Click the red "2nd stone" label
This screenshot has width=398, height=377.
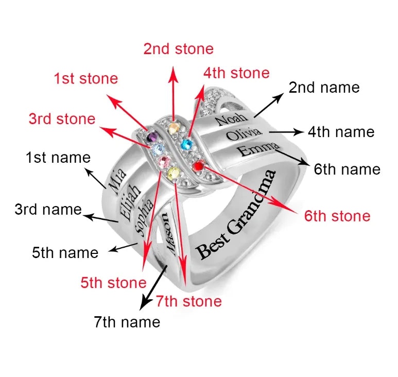point(178,49)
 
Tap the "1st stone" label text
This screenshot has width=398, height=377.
point(86,79)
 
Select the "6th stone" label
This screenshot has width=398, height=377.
point(337,216)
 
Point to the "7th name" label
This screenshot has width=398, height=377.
point(127,322)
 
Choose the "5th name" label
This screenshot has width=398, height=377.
point(65,253)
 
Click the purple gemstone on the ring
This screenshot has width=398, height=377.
point(152,138)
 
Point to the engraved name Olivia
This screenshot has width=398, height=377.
point(243,135)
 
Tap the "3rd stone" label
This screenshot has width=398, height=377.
point(62,119)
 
